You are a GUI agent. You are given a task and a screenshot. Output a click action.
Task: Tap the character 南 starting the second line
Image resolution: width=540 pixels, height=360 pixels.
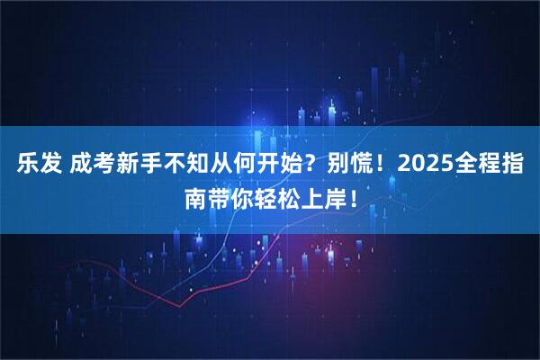(x=194, y=198)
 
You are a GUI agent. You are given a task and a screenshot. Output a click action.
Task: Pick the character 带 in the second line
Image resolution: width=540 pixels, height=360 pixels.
(x=218, y=198)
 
